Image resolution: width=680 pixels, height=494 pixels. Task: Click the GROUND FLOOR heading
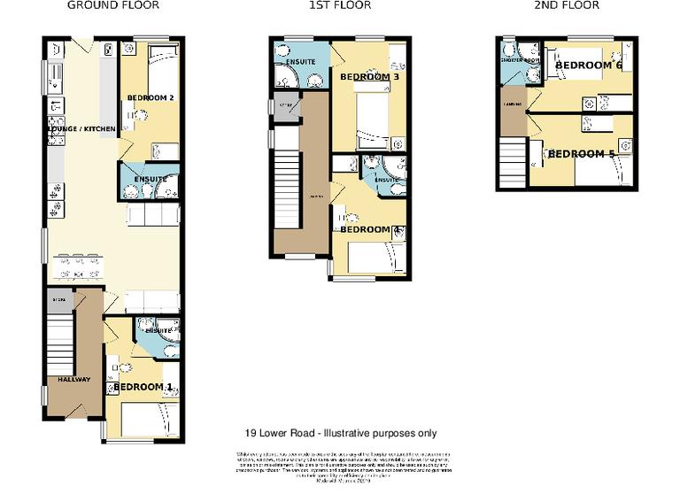113,5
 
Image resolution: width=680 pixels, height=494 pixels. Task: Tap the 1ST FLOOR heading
341,5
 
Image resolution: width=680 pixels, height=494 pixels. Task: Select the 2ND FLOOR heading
568,5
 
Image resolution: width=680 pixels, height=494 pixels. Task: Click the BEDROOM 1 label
143,387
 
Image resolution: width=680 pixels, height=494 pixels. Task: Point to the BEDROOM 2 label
150,97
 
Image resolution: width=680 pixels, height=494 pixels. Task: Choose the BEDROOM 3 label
369,77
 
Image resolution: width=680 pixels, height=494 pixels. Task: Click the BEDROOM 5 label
581,153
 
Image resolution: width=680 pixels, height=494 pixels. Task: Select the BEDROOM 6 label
589,66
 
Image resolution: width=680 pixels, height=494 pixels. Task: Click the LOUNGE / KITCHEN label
81,130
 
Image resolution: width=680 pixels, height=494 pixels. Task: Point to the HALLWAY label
74,380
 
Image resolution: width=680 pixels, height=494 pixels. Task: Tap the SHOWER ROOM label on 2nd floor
513,61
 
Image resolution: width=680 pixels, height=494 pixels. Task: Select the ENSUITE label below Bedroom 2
151,180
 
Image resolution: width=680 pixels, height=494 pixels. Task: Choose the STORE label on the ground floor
58,300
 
